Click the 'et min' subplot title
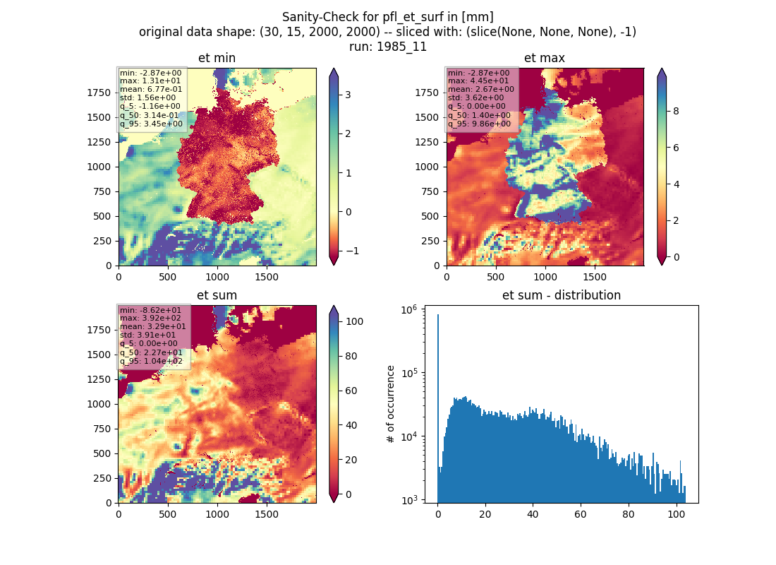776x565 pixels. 217,58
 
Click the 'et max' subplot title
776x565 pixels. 545,58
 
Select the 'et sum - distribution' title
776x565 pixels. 562,295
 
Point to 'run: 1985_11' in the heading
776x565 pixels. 387,47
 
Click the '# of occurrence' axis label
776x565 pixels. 391,405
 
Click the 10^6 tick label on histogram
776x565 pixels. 409,310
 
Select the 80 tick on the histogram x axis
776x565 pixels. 629,514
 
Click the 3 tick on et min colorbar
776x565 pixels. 348,95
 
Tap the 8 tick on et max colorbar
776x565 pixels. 676,111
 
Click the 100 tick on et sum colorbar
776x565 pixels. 354,321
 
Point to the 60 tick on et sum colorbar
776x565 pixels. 351,391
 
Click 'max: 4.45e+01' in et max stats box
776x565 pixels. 478,81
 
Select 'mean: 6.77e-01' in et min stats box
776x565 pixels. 151,89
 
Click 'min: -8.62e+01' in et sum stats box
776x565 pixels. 150,310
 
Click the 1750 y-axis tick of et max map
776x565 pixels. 427,93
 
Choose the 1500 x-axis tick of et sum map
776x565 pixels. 266,514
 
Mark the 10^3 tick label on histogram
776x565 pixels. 409,499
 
